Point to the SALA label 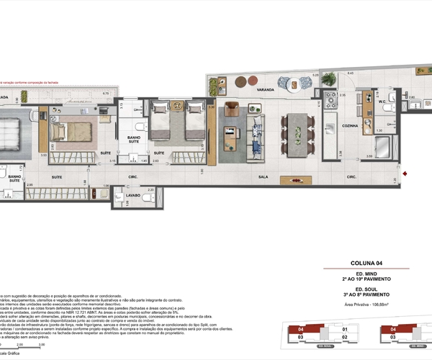(x=263, y=176)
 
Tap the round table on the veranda (x=295, y=84)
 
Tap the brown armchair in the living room (x=232, y=109)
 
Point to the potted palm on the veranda (x=328, y=78)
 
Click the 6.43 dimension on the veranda (x=351, y=73)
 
